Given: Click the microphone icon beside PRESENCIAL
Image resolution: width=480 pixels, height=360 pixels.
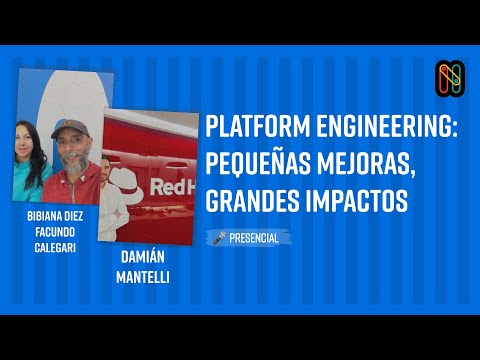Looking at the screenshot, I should [x=217, y=238].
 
